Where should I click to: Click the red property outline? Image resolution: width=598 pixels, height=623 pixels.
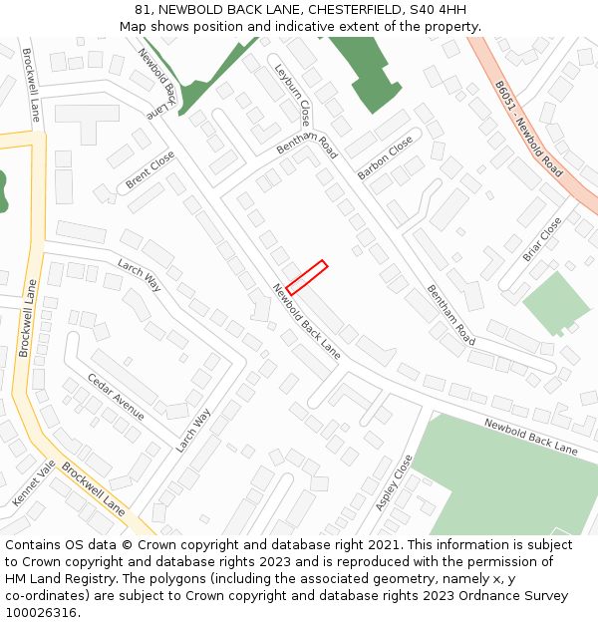click(x=306, y=277)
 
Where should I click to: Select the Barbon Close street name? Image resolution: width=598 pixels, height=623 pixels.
click(x=385, y=157)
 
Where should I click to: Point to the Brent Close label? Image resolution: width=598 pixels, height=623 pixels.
click(x=149, y=170)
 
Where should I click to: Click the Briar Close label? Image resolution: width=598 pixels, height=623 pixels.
click(x=542, y=239)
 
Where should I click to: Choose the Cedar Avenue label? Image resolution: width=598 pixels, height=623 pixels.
click(x=116, y=397)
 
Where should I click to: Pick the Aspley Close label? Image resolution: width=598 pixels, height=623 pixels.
click(x=394, y=483)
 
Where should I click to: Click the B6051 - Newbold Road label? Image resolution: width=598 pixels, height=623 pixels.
click(x=528, y=130)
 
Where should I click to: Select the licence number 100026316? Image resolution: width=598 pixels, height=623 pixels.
click(x=41, y=613)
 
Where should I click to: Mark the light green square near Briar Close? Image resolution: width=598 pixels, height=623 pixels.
click(x=555, y=303)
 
